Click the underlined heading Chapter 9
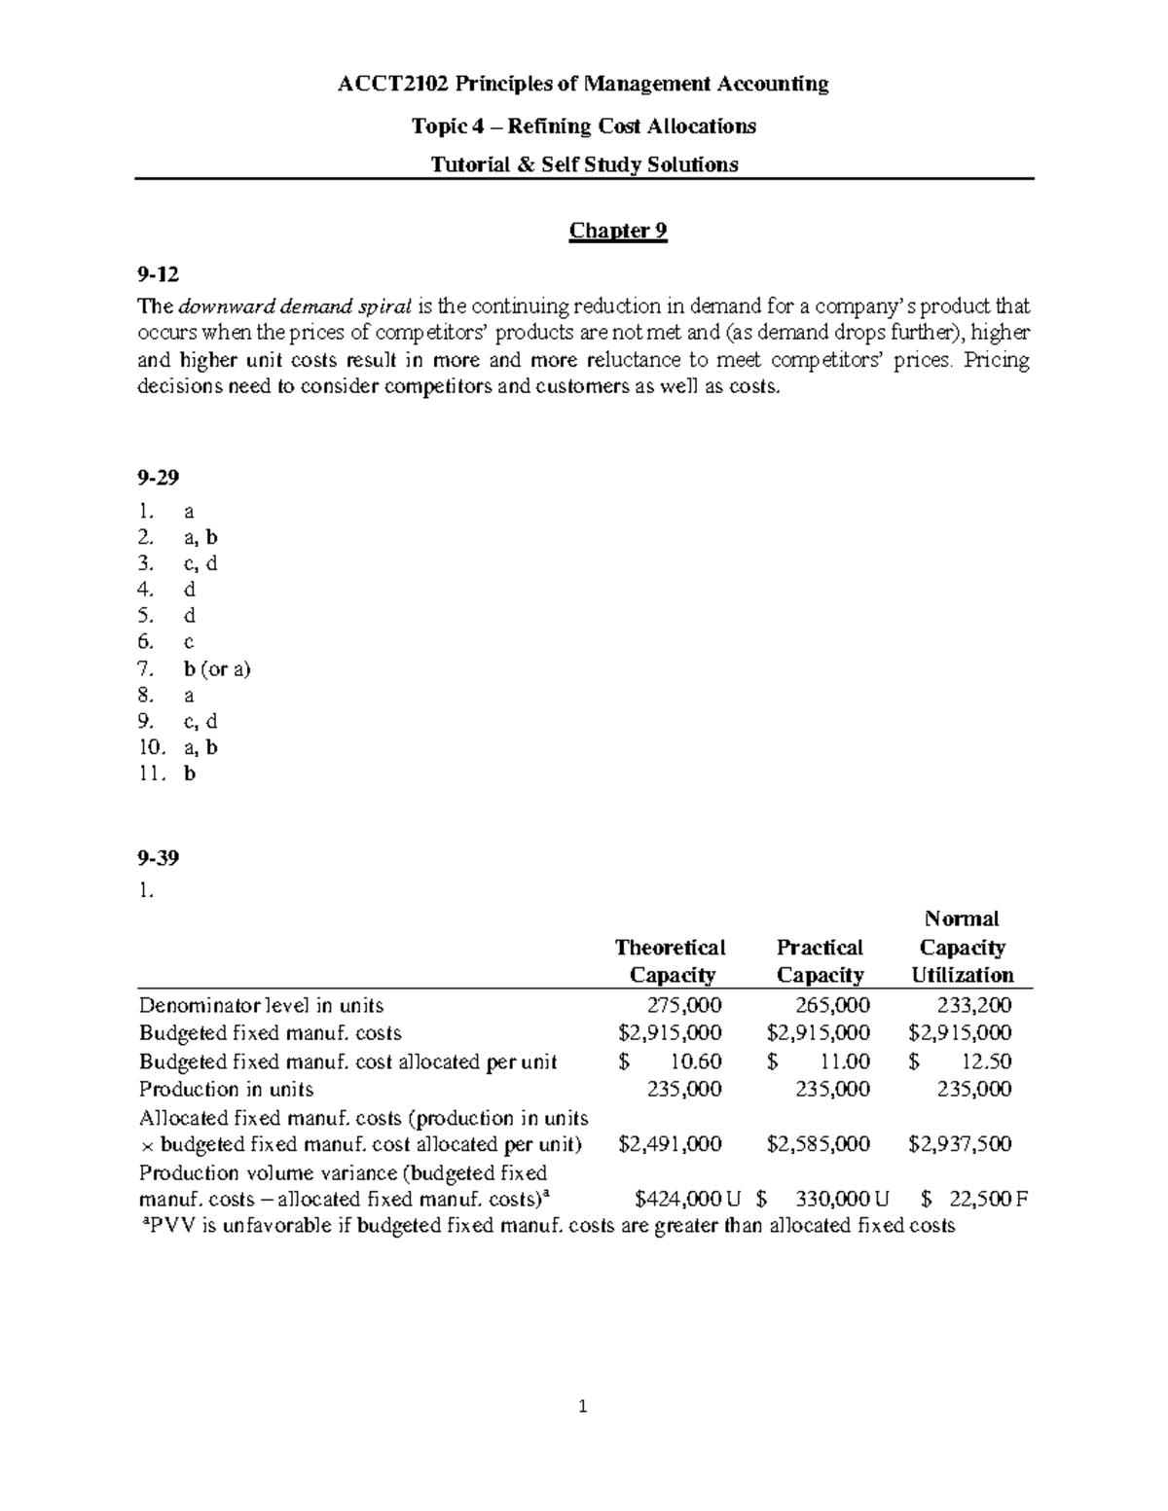pyautogui.click(x=618, y=231)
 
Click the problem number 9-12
pyautogui.click(x=159, y=275)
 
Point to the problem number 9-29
pyautogui.click(x=159, y=478)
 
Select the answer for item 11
pyautogui.click(x=190, y=774)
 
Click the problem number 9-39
pyautogui.click(x=159, y=858)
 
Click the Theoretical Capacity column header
pyautogui.click(x=671, y=961)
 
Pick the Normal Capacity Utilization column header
pyautogui.click(x=962, y=947)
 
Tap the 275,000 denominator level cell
pyautogui.click(x=684, y=1005)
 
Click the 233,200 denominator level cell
pyautogui.click(x=973, y=1005)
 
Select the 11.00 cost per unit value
pyautogui.click(x=843, y=1061)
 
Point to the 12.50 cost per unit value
pyautogui.click(x=984, y=1061)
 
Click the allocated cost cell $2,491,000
pyautogui.click(x=671, y=1144)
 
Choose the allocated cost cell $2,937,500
pyautogui.click(x=960, y=1144)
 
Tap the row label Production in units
pyautogui.click(x=226, y=1089)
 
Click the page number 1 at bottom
pyautogui.click(x=582, y=1406)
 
